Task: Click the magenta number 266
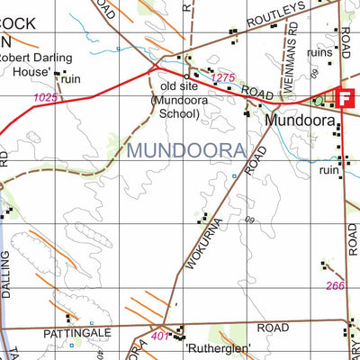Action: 335,286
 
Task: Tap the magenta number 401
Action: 160,337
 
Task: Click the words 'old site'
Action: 178,86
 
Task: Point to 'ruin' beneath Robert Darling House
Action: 71,79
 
